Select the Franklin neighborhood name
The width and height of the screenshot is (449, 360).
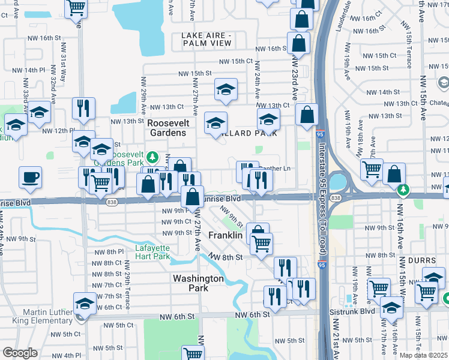(x=225, y=236)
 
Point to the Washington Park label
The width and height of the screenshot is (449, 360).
(x=198, y=283)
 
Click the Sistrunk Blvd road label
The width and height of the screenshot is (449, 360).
(x=351, y=312)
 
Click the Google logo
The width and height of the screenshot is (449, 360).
(x=20, y=353)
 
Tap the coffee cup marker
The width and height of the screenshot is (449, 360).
(x=30, y=177)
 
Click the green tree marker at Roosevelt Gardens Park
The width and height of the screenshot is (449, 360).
(x=152, y=157)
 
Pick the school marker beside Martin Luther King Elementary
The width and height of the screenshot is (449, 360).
(x=85, y=303)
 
